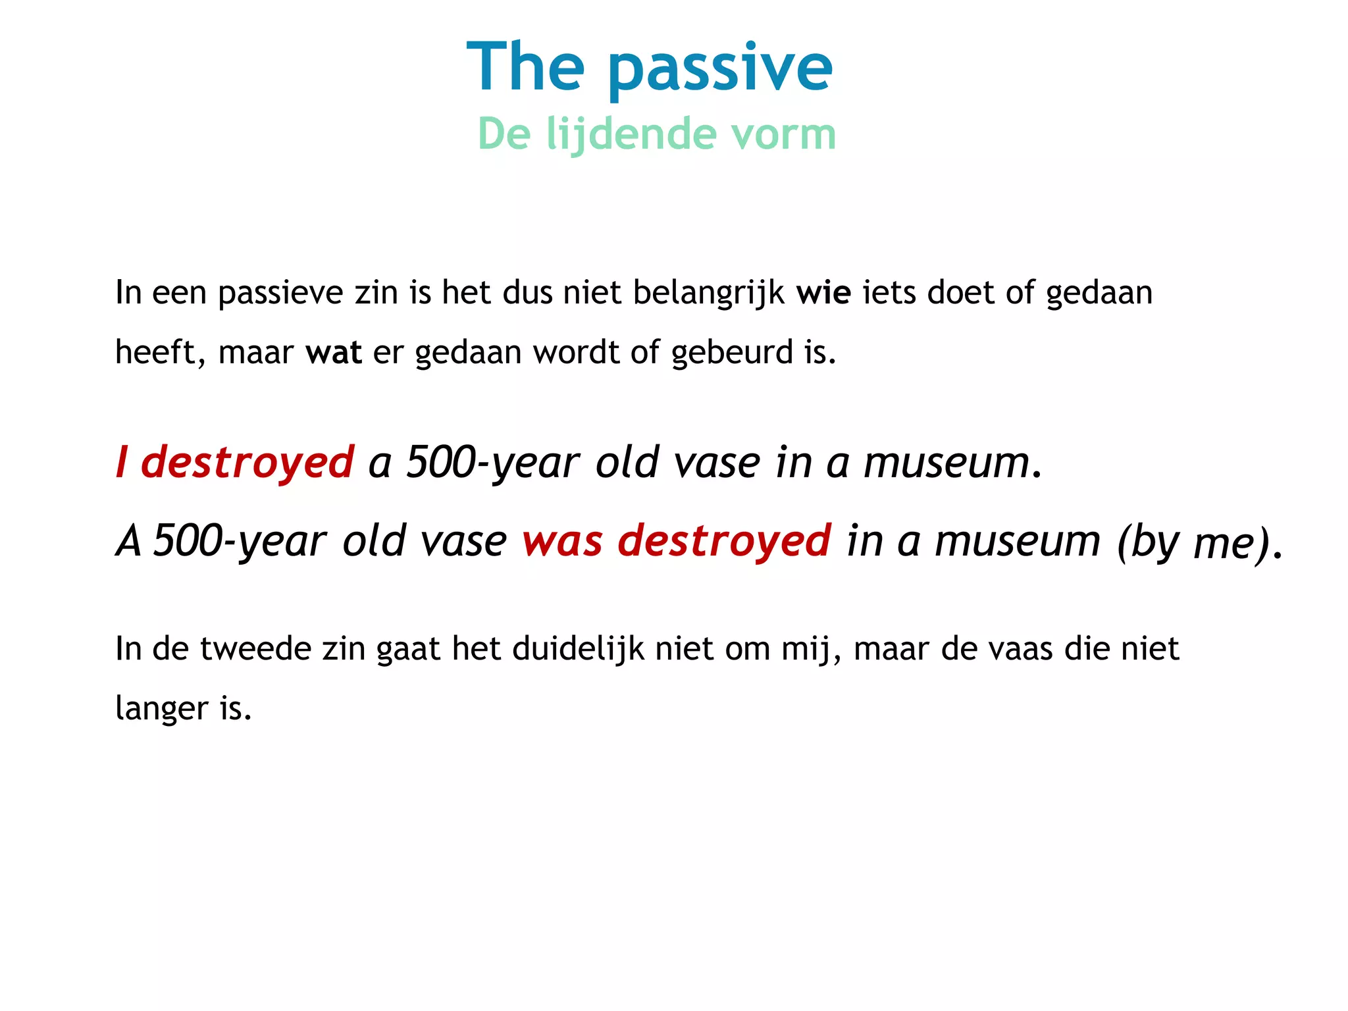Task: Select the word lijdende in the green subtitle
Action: [x=631, y=134]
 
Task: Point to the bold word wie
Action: [x=823, y=292]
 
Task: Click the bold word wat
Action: [x=333, y=352]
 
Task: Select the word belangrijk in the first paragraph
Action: [x=708, y=294]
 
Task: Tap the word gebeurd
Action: [x=731, y=353]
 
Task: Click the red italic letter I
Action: [x=121, y=462]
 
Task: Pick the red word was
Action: [x=561, y=541]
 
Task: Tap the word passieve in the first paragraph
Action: [x=280, y=294]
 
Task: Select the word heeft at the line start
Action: [x=155, y=352]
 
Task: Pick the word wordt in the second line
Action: [x=575, y=352]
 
